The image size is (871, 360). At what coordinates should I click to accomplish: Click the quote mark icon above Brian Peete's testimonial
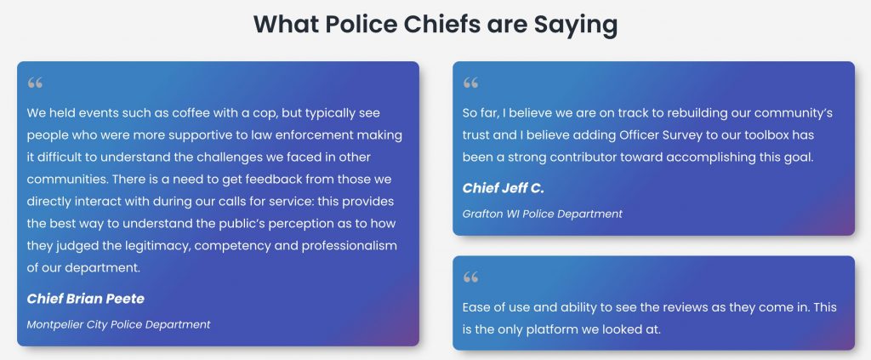(x=35, y=83)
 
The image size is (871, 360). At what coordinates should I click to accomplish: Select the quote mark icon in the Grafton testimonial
(x=470, y=83)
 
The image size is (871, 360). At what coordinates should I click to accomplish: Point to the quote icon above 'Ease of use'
(x=470, y=277)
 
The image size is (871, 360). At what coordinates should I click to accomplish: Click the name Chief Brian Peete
(x=86, y=299)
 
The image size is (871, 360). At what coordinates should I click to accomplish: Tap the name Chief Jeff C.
(x=504, y=188)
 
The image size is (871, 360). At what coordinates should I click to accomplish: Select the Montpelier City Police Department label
(x=118, y=324)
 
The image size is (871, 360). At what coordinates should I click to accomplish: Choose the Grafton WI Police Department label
(x=542, y=214)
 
